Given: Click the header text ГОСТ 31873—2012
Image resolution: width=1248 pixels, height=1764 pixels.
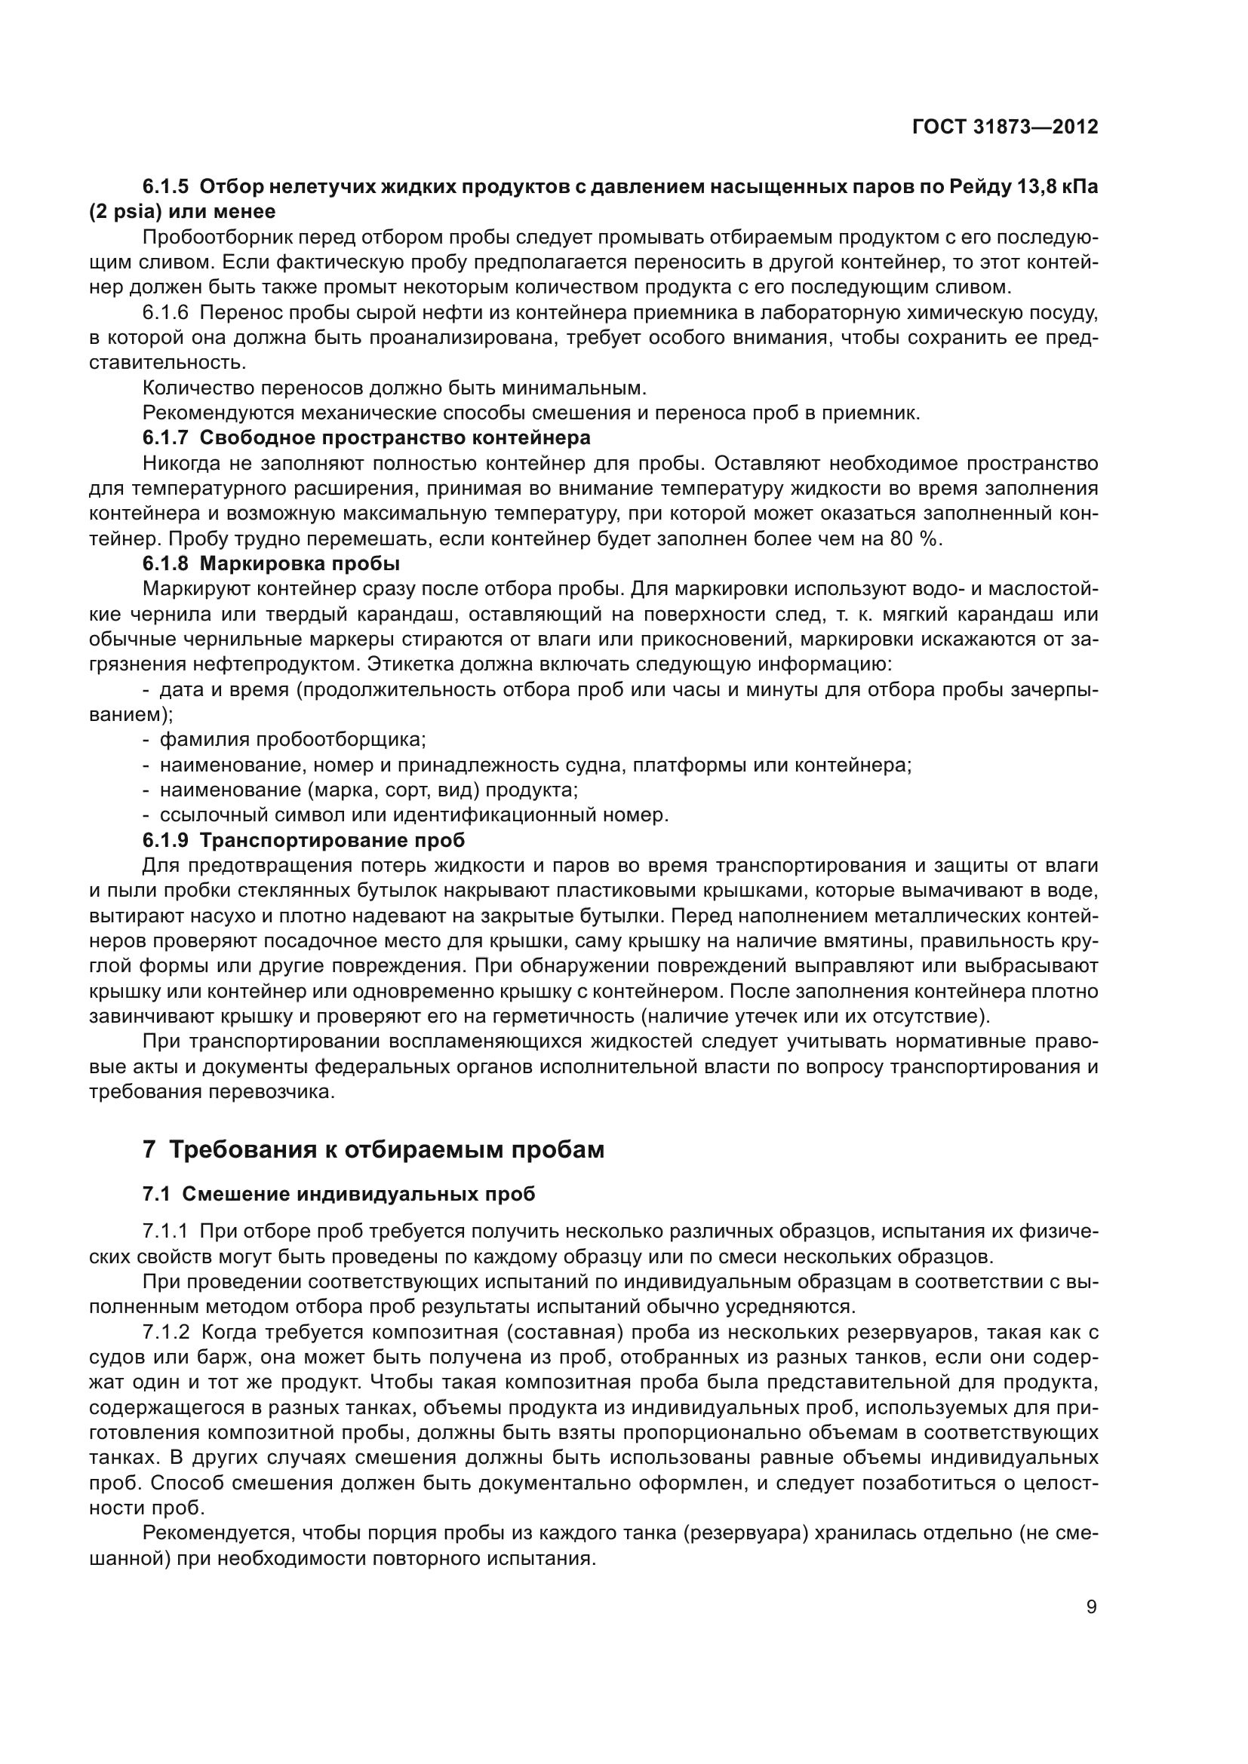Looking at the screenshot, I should click(1004, 127).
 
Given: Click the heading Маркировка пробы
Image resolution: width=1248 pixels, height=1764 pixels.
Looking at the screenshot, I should click(300, 564).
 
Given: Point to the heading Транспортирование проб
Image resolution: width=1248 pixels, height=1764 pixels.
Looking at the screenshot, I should click(332, 840).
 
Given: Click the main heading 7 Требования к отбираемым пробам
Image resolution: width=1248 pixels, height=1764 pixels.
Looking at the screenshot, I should click(373, 1149).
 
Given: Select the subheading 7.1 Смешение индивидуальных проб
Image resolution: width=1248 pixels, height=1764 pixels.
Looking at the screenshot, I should click(339, 1194).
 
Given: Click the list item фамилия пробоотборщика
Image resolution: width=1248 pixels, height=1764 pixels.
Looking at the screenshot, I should click(292, 740).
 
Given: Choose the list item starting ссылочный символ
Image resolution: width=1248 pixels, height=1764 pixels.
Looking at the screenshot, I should click(413, 815).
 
